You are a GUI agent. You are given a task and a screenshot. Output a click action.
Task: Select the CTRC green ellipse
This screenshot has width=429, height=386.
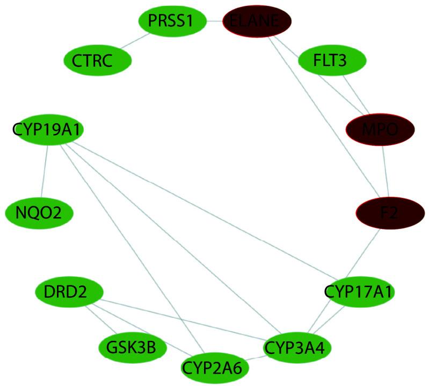click(97, 60)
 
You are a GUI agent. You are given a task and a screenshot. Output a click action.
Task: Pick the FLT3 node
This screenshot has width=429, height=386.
click(332, 60)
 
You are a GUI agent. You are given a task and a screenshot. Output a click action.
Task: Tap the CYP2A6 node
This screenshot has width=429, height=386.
click(215, 368)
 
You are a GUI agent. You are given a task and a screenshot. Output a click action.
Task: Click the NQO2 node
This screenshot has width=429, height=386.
click(38, 213)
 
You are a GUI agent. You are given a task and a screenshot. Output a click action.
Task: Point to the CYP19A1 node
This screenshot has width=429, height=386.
click(47, 130)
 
